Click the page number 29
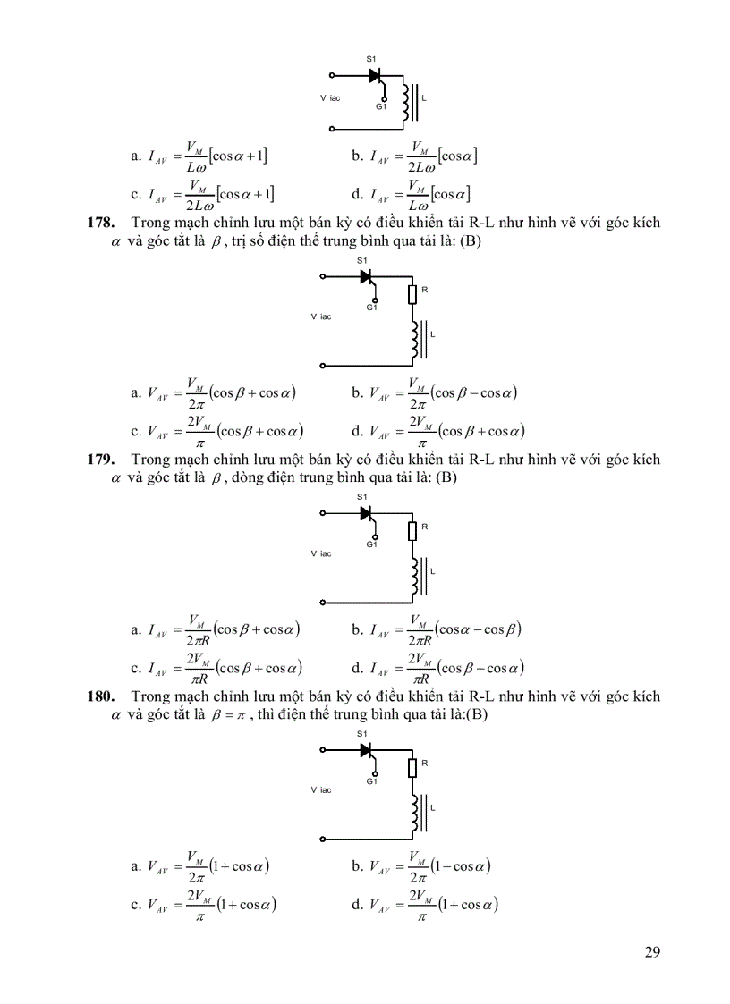(651, 951)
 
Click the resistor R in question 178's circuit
(413, 293)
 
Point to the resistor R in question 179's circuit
(413, 530)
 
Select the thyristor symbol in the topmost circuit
(375, 75)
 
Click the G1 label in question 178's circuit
(372, 308)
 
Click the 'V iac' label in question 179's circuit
(321, 553)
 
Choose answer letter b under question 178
(357, 393)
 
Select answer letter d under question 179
(357, 668)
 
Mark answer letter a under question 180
(135, 866)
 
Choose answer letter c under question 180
(135, 905)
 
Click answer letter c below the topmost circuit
(135, 194)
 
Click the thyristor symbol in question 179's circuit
(366, 513)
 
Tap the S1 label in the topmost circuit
(371, 59)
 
